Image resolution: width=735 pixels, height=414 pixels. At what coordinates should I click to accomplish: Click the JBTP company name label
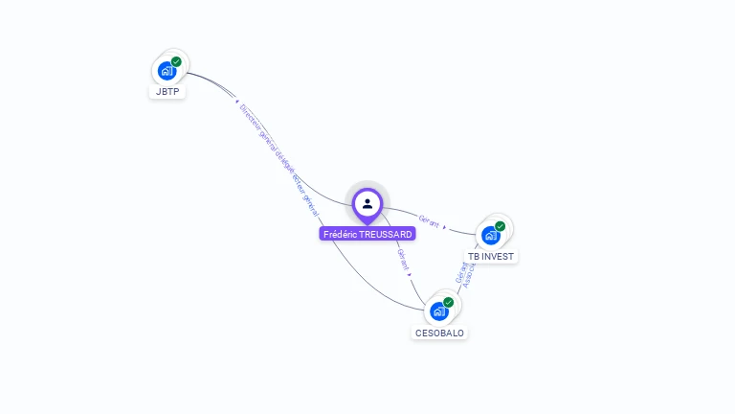pos(167,92)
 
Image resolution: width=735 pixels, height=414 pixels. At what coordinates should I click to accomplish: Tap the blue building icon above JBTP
pos(167,71)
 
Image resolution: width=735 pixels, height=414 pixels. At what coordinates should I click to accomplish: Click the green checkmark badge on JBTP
pos(176,61)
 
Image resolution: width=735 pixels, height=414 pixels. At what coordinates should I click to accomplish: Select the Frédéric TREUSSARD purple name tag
pos(367,234)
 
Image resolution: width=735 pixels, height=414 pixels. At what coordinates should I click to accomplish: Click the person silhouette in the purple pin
pos(367,203)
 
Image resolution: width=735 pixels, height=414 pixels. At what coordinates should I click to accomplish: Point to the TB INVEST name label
pos(491,257)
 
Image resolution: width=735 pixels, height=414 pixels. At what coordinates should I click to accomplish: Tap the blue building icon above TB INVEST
pos(490,236)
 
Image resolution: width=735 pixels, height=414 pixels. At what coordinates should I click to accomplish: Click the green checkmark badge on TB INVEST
pos(500,226)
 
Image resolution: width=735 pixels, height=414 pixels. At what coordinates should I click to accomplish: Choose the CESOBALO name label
pos(439,333)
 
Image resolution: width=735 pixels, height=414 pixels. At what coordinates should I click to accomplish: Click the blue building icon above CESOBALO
pos(438,311)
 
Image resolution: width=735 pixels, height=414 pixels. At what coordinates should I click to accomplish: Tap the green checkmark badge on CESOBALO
pos(448,302)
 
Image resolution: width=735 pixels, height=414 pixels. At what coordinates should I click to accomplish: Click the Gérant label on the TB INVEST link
pos(429,222)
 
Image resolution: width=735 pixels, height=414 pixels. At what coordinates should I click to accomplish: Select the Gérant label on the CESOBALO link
pos(402,258)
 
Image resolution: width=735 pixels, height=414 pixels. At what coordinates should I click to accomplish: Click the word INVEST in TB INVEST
pos(498,257)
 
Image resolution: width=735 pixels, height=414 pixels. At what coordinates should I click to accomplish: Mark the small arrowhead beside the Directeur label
pos(235,99)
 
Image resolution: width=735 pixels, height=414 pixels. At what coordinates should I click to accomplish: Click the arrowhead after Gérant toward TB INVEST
pos(445,228)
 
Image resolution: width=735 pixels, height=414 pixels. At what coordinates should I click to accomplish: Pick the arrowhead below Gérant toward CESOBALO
pos(410,274)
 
